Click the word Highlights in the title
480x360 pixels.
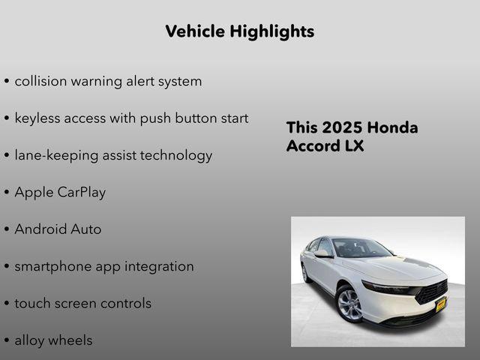point(273,31)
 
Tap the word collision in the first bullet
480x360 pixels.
point(41,81)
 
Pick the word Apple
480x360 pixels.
point(34,192)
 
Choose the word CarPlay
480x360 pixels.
point(82,192)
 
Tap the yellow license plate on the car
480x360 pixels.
point(441,303)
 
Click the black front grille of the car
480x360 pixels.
point(432,290)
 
